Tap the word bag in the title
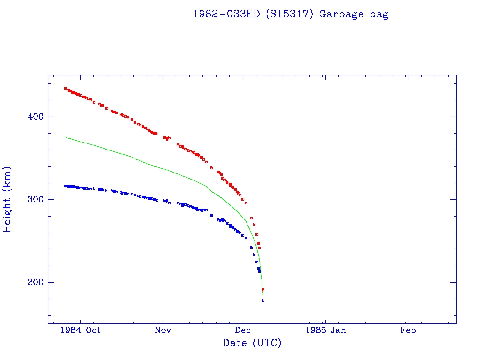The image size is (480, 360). tap(378, 14)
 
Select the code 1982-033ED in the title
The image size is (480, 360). tap(227, 14)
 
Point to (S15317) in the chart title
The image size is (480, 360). tap(290, 14)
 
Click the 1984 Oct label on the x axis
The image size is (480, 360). tap(81, 330)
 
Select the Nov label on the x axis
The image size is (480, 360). tap(162, 330)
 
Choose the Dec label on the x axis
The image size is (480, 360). tap(243, 330)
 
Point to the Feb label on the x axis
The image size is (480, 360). tap(408, 330)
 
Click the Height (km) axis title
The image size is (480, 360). tap(7, 199)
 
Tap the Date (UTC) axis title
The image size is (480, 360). tap(252, 343)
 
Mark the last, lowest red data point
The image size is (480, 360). tap(263, 290)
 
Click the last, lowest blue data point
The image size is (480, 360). tap(263, 300)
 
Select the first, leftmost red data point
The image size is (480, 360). tap(65, 88)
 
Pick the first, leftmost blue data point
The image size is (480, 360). tap(65, 186)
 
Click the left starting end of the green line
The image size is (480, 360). tap(66, 137)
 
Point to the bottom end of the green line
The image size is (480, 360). tap(263, 295)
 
